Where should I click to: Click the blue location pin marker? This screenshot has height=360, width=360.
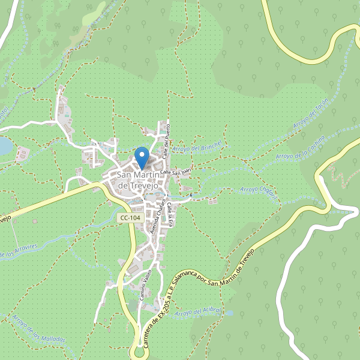click(x=142, y=158)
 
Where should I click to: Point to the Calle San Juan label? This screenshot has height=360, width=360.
click(x=175, y=172)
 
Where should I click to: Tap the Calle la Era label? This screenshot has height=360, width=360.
click(x=171, y=213)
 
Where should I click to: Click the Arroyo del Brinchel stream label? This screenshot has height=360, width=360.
click(x=197, y=147)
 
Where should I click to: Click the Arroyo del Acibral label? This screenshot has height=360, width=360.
click(x=200, y=313)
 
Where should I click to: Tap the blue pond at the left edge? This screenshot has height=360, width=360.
click(x=4, y=145)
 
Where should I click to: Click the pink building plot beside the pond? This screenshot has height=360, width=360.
click(x=22, y=154)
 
